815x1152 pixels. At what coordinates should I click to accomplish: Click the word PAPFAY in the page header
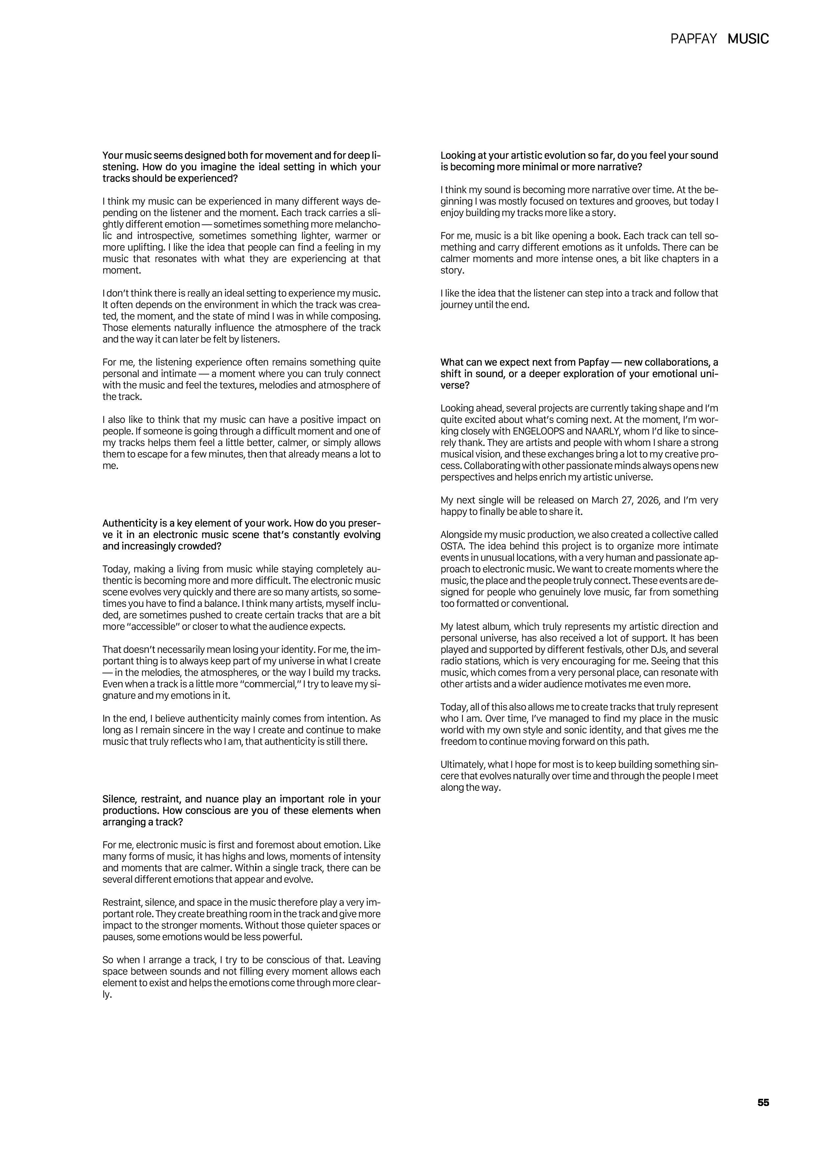[693, 39]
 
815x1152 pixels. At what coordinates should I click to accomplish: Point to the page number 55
[763, 1102]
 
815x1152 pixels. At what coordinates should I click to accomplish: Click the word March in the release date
[605, 500]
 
